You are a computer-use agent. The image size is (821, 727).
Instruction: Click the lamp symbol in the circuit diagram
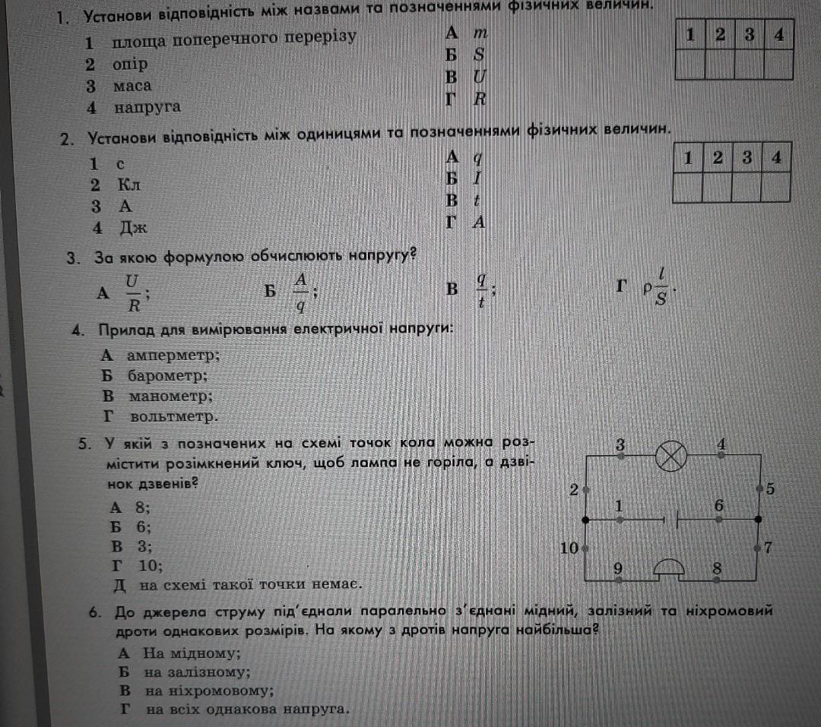[x=670, y=457]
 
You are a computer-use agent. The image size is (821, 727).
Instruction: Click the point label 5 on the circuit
[x=771, y=489]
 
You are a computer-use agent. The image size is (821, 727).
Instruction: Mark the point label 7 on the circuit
[x=769, y=547]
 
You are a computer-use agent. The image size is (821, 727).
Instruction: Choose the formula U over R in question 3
[x=132, y=293]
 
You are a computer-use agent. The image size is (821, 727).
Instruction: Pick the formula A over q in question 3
[x=301, y=293]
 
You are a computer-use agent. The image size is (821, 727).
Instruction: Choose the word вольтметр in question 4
[x=173, y=416]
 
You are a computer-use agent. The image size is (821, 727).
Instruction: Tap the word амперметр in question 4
[x=173, y=355]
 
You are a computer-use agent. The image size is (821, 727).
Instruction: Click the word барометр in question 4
[x=167, y=375]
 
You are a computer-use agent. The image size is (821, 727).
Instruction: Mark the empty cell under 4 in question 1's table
[x=778, y=65]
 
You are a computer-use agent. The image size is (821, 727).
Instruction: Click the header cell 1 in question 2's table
[x=687, y=159]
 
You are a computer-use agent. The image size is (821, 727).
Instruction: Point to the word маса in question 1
[x=132, y=86]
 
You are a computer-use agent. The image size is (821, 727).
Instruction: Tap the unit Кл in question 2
[x=128, y=185]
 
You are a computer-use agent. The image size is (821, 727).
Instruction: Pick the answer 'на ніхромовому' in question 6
[x=209, y=691]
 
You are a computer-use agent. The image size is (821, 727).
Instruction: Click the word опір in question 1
[x=129, y=65]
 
